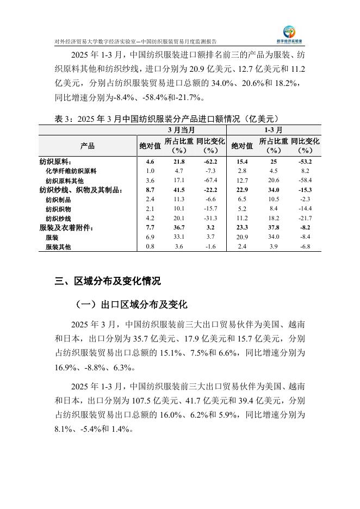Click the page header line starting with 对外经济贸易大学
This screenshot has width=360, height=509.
click(x=136, y=41)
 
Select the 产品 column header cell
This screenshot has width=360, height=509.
click(x=87, y=145)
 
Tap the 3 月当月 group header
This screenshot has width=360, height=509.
click(x=182, y=131)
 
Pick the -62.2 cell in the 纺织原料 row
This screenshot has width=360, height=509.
click(x=211, y=162)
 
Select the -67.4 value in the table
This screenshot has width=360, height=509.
click(x=211, y=180)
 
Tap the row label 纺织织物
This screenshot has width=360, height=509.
click(x=58, y=208)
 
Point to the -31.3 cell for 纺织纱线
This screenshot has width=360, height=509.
click(x=211, y=218)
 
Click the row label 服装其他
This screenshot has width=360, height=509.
click(x=58, y=247)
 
